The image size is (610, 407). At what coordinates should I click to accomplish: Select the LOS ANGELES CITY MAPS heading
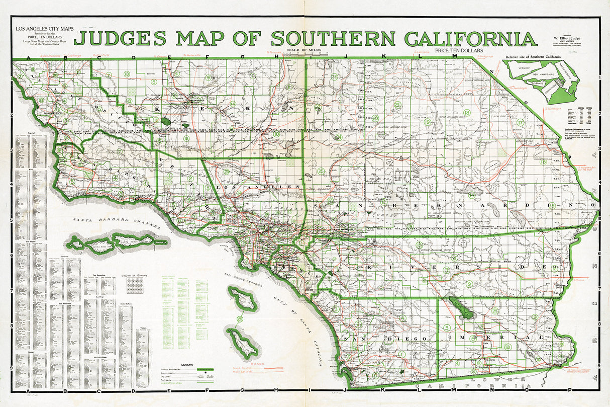tap(44, 29)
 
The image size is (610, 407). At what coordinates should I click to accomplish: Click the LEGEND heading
tap(187, 364)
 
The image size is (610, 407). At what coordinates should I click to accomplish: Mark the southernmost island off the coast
tap(244, 343)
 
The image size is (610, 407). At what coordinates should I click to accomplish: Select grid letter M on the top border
tap(455, 56)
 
